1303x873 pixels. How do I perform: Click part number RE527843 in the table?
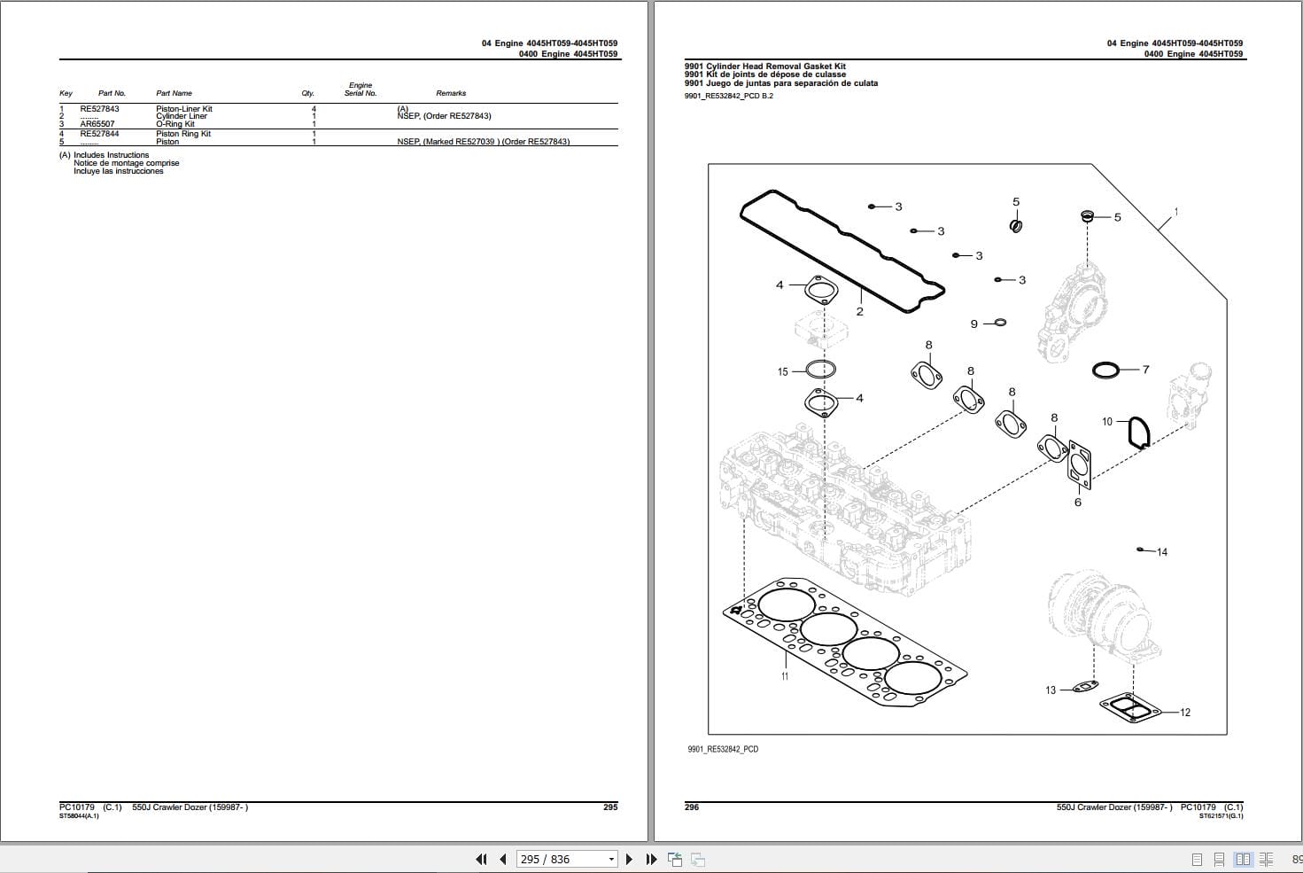pyautogui.click(x=99, y=109)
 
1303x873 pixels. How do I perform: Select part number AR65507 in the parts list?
pyautogui.click(x=97, y=125)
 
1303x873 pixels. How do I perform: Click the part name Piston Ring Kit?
pyautogui.click(x=183, y=134)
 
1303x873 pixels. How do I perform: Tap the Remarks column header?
pyautogui.click(x=450, y=93)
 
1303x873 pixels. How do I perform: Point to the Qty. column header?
pyautogui.click(x=307, y=93)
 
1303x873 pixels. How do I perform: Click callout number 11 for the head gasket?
pyautogui.click(x=785, y=676)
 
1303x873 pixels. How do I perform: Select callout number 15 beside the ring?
pyautogui.click(x=782, y=372)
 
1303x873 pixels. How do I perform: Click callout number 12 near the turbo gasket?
pyautogui.click(x=1185, y=713)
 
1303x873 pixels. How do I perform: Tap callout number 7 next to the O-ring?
pyautogui.click(x=1145, y=370)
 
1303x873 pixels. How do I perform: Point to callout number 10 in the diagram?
pyautogui.click(x=1106, y=422)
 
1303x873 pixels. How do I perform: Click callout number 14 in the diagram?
pyautogui.click(x=1162, y=552)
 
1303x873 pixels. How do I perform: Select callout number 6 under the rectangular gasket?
pyautogui.click(x=1078, y=503)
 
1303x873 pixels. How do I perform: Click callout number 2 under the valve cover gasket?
pyautogui.click(x=859, y=312)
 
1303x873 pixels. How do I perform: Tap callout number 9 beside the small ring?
pyautogui.click(x=973, y=324)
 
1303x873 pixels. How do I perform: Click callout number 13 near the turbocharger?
pyautogui.click(x=1051, y=690)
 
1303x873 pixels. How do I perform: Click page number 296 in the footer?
pyautogui.click(x=692, y=807)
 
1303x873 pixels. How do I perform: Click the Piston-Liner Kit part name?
pyautogui.click(x=184, y=109)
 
